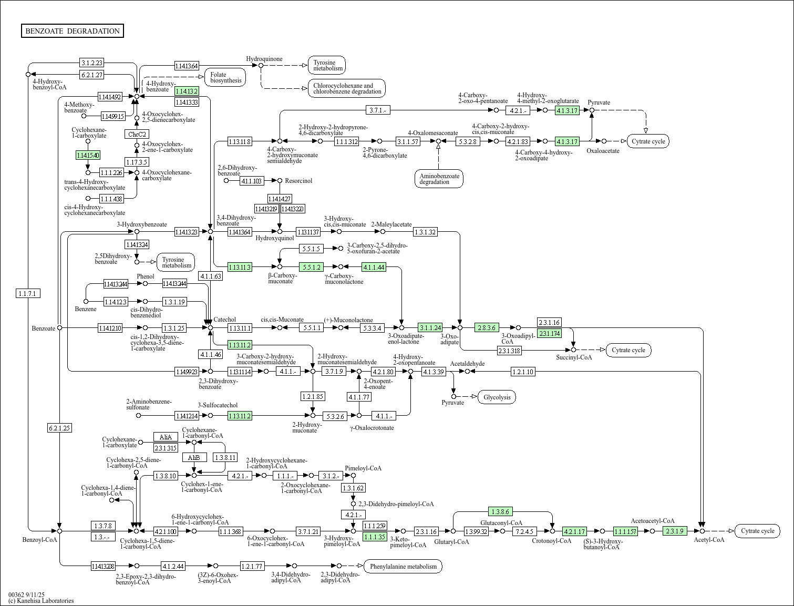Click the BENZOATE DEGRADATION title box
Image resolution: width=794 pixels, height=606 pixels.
pos(73,31)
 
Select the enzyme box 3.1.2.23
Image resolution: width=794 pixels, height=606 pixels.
pos(91,63)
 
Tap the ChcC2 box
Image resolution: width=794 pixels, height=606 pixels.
pos(137,134)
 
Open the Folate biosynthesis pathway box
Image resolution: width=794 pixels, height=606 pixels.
pos(225,77)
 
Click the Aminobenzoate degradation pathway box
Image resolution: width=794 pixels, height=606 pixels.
pos(438,179)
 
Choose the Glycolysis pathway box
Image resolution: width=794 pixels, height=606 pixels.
pos(497,397)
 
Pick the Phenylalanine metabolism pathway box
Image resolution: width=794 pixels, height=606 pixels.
pos(403,566)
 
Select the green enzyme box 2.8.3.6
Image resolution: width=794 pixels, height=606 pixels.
pos(487,327)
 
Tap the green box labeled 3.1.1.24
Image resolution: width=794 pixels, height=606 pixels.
pos(430,327)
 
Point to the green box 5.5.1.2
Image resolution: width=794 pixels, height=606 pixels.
pos(310,267)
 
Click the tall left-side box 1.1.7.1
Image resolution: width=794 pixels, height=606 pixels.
pos(28,293)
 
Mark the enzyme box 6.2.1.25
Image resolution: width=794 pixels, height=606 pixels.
pos(59,428)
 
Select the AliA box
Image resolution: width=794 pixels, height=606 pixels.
pos(166,437)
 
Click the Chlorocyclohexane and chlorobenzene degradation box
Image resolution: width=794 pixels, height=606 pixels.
pos(347,88)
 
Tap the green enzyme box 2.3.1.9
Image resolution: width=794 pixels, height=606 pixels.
pos(675,531)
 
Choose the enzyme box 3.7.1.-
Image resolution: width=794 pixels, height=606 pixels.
pos(378,110)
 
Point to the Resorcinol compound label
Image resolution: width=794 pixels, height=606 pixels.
pos(298,181)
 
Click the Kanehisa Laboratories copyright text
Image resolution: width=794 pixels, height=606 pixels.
pos(41,600)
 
